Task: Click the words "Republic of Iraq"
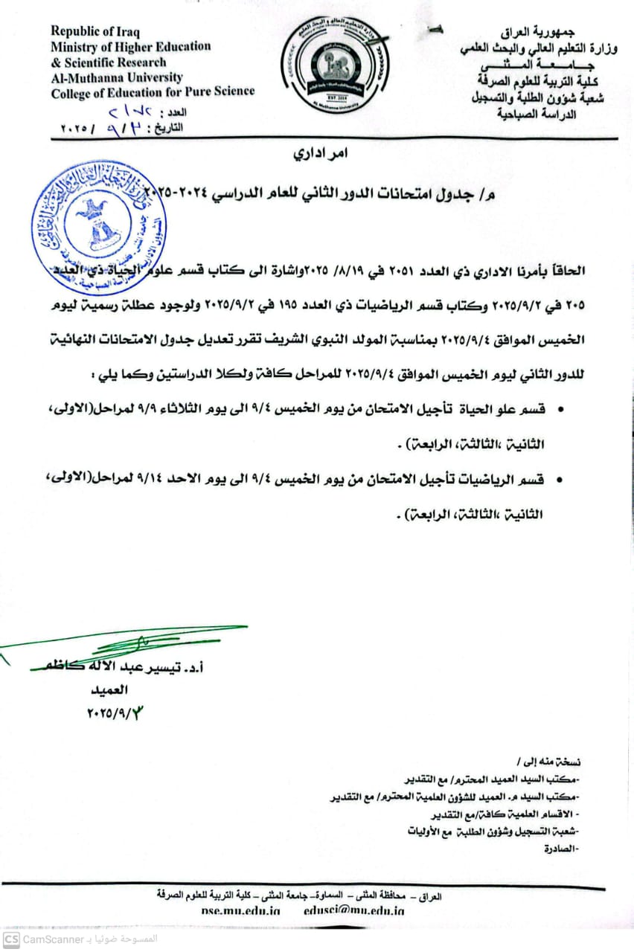pyautogui.click(x=95, y=31)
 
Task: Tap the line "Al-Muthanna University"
pyautogui.click(x=117, y=77)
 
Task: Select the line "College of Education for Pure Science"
pyautogui.click(x=153, y=92)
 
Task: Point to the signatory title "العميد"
pyautogui.click(x=106, y=690)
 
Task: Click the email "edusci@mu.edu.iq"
pyautogui.click(x=353, y=910)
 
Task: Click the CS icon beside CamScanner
pyautogui.click(x=10, y=939)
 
